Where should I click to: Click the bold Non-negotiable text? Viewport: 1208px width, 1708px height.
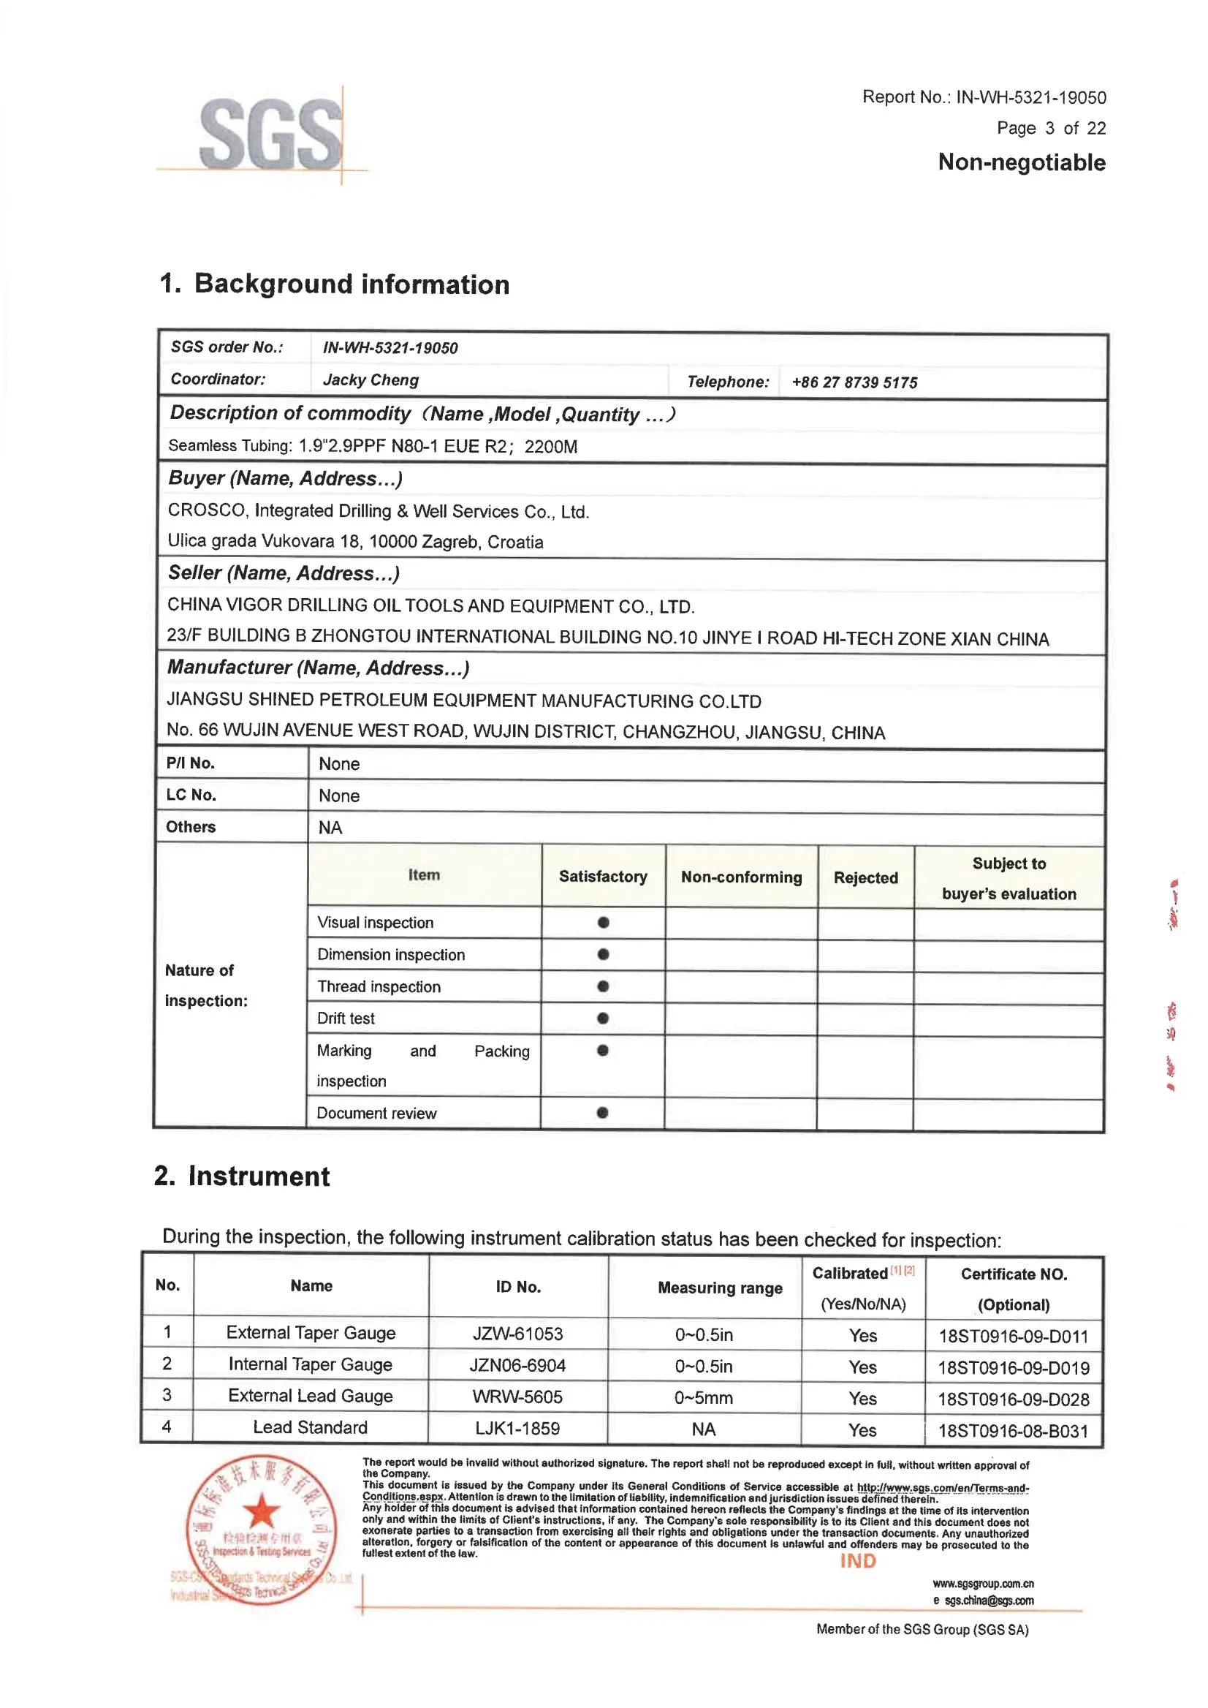click(1022, 162)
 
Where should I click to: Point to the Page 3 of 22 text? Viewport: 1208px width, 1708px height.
click(1051, 128)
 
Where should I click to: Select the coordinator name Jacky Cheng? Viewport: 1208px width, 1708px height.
click(371, 379)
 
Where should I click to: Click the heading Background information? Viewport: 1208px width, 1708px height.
click(351, 284)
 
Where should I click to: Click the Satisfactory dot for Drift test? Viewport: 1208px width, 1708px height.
click(603, 1018)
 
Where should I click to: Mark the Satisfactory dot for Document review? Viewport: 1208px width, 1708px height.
click(602, 1113)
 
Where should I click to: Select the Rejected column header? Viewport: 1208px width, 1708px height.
click(865, 877)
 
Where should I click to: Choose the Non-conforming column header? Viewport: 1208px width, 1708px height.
click(741, 877)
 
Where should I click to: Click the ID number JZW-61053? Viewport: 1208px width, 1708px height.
click(517, 1334)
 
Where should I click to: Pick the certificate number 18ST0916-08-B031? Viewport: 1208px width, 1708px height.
click(1012, 1430)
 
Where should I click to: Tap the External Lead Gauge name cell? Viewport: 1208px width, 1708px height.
click(310, 1397)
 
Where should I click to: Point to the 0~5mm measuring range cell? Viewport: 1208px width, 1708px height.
click(703, 1398)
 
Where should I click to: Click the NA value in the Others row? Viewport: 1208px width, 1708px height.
click(330, 828)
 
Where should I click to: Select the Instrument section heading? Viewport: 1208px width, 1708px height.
click(258, 1176)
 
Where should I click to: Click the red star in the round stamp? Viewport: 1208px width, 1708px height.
click(261, 1511)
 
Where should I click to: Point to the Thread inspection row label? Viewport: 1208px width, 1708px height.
click(379, 986)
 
